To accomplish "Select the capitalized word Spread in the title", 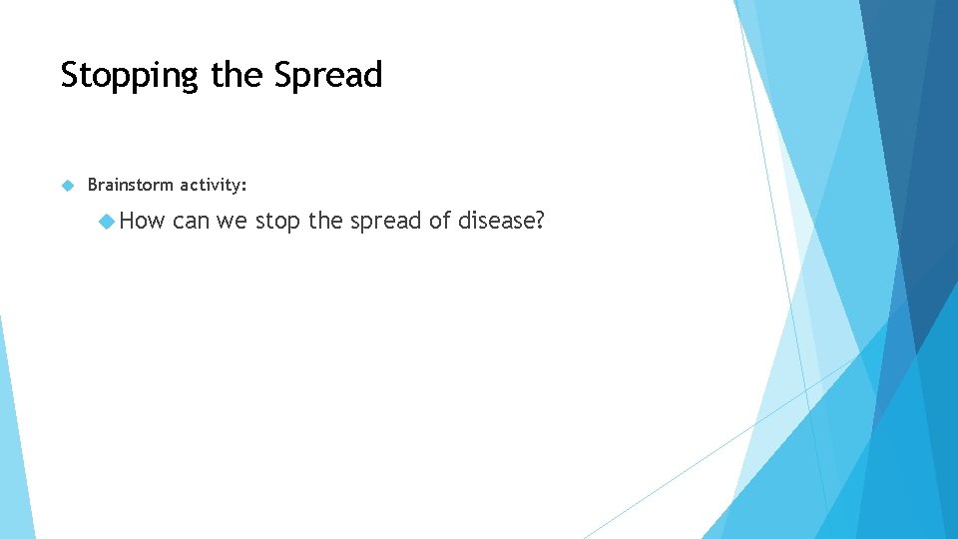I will click(328, 76).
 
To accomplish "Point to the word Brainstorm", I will click(130, 185).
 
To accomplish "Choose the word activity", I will click(210, 185).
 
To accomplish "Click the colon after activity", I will click(244, 186).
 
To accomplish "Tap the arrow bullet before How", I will click(108, 221).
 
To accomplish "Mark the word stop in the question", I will click(277, 222).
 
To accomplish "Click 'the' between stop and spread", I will click(325, 221).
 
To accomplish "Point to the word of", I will click(440, 221).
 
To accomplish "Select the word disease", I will click(497, 221).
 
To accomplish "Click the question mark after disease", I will click(540, 221).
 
